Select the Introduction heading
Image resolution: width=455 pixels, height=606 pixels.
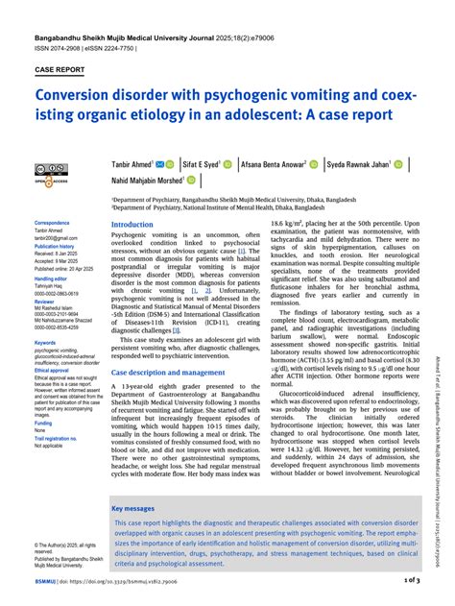(x=132, y=224)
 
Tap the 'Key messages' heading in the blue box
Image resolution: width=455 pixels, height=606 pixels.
(x=133, y=508)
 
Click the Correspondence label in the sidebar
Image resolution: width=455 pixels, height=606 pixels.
(x=52, y=223)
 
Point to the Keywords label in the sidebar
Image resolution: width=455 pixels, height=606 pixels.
(x=45, y=342)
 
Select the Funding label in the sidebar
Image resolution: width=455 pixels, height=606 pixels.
(x=43, y=423)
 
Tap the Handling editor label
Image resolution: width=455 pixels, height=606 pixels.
(x=51, y=278)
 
